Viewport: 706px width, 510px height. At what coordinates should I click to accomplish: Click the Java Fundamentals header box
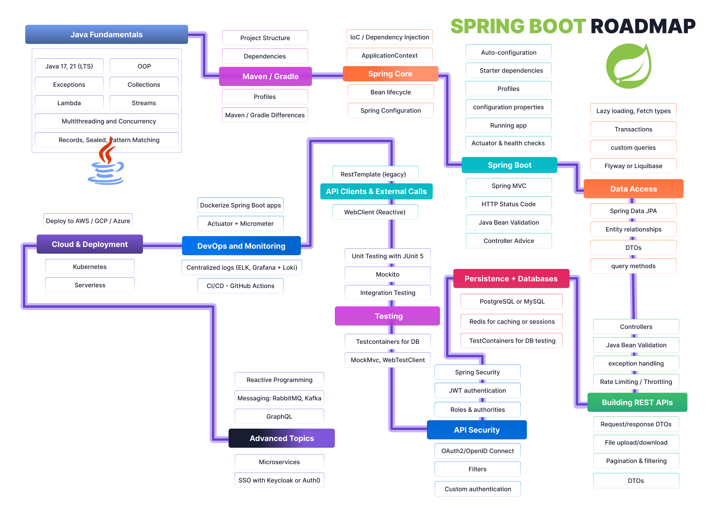106,34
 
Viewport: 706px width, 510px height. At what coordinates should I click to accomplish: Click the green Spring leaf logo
629,66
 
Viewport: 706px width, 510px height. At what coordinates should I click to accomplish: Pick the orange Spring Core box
390,74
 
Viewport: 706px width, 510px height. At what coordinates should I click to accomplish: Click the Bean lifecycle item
390,92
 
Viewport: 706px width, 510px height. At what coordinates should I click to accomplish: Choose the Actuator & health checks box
508,143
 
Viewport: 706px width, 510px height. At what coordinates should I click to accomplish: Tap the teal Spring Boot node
509,165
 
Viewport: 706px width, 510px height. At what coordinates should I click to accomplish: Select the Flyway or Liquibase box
633,166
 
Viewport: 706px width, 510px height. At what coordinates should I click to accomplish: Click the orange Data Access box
633,189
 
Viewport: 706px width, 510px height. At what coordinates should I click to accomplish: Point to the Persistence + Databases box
511,278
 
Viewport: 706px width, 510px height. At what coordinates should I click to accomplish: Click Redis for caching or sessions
511,322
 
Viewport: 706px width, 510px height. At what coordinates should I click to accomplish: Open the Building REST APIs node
637,402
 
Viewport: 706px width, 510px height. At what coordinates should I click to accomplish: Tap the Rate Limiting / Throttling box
636,382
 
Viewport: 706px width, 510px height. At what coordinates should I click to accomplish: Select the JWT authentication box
477,390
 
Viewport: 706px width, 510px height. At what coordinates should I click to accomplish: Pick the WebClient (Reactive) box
375,212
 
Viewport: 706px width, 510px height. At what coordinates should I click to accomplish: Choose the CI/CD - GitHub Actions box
240,286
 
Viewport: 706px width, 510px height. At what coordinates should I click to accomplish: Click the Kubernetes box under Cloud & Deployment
89,267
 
